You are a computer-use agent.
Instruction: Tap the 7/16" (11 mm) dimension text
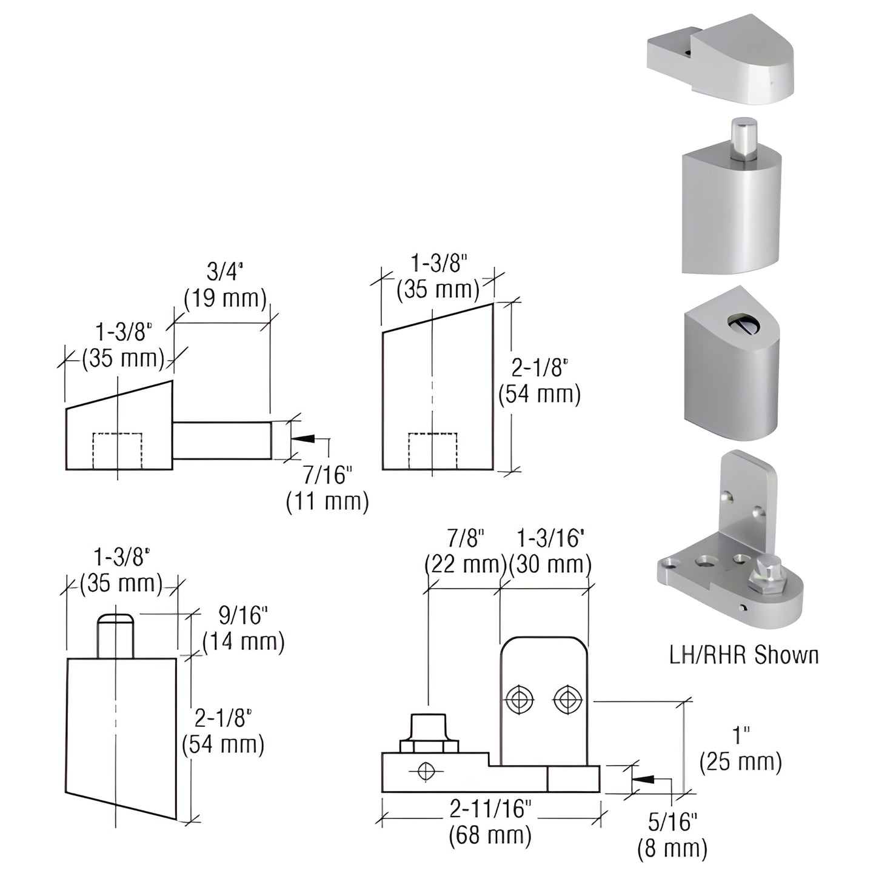tap(327, 489)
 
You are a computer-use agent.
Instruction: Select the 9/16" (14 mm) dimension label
tap(243, 629)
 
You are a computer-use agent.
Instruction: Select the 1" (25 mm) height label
tap(740, 749)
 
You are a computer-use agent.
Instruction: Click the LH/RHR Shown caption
tap(743, 655)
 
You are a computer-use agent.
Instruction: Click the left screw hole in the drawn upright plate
tap(518, 700)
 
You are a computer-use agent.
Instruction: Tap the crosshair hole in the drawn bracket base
tap(427, 771)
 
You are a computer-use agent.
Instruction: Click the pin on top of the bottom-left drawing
tap(115, 636)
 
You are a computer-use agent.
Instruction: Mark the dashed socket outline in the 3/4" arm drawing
tap(117, 450)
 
